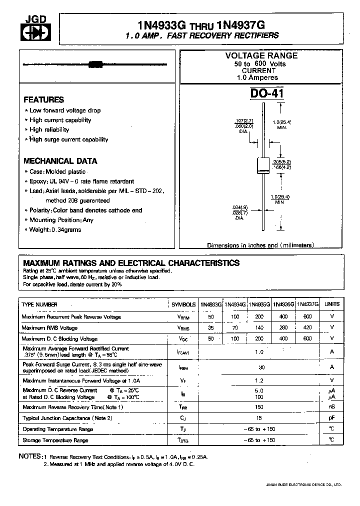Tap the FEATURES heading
[x=44, y=99]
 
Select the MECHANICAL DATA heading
[x=60, y=161]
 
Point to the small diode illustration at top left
[x=95, y=64]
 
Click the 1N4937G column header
[x=307, y=304]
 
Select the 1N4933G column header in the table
[x=211, y=304]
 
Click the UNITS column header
[x=332, y=304]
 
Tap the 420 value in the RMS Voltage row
[x=307, y=327]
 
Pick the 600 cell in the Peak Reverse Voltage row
[x=307, y=316]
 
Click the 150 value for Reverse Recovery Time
[x=259, y=407]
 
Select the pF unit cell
[x=332, y=418]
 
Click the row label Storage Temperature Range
[x=55, y=440]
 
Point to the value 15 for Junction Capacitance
[x=259, y=418]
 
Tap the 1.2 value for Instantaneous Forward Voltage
[x=259, y=380]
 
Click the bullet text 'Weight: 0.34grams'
[x=55, y=229]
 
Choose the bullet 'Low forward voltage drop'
[x=65, y=110]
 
